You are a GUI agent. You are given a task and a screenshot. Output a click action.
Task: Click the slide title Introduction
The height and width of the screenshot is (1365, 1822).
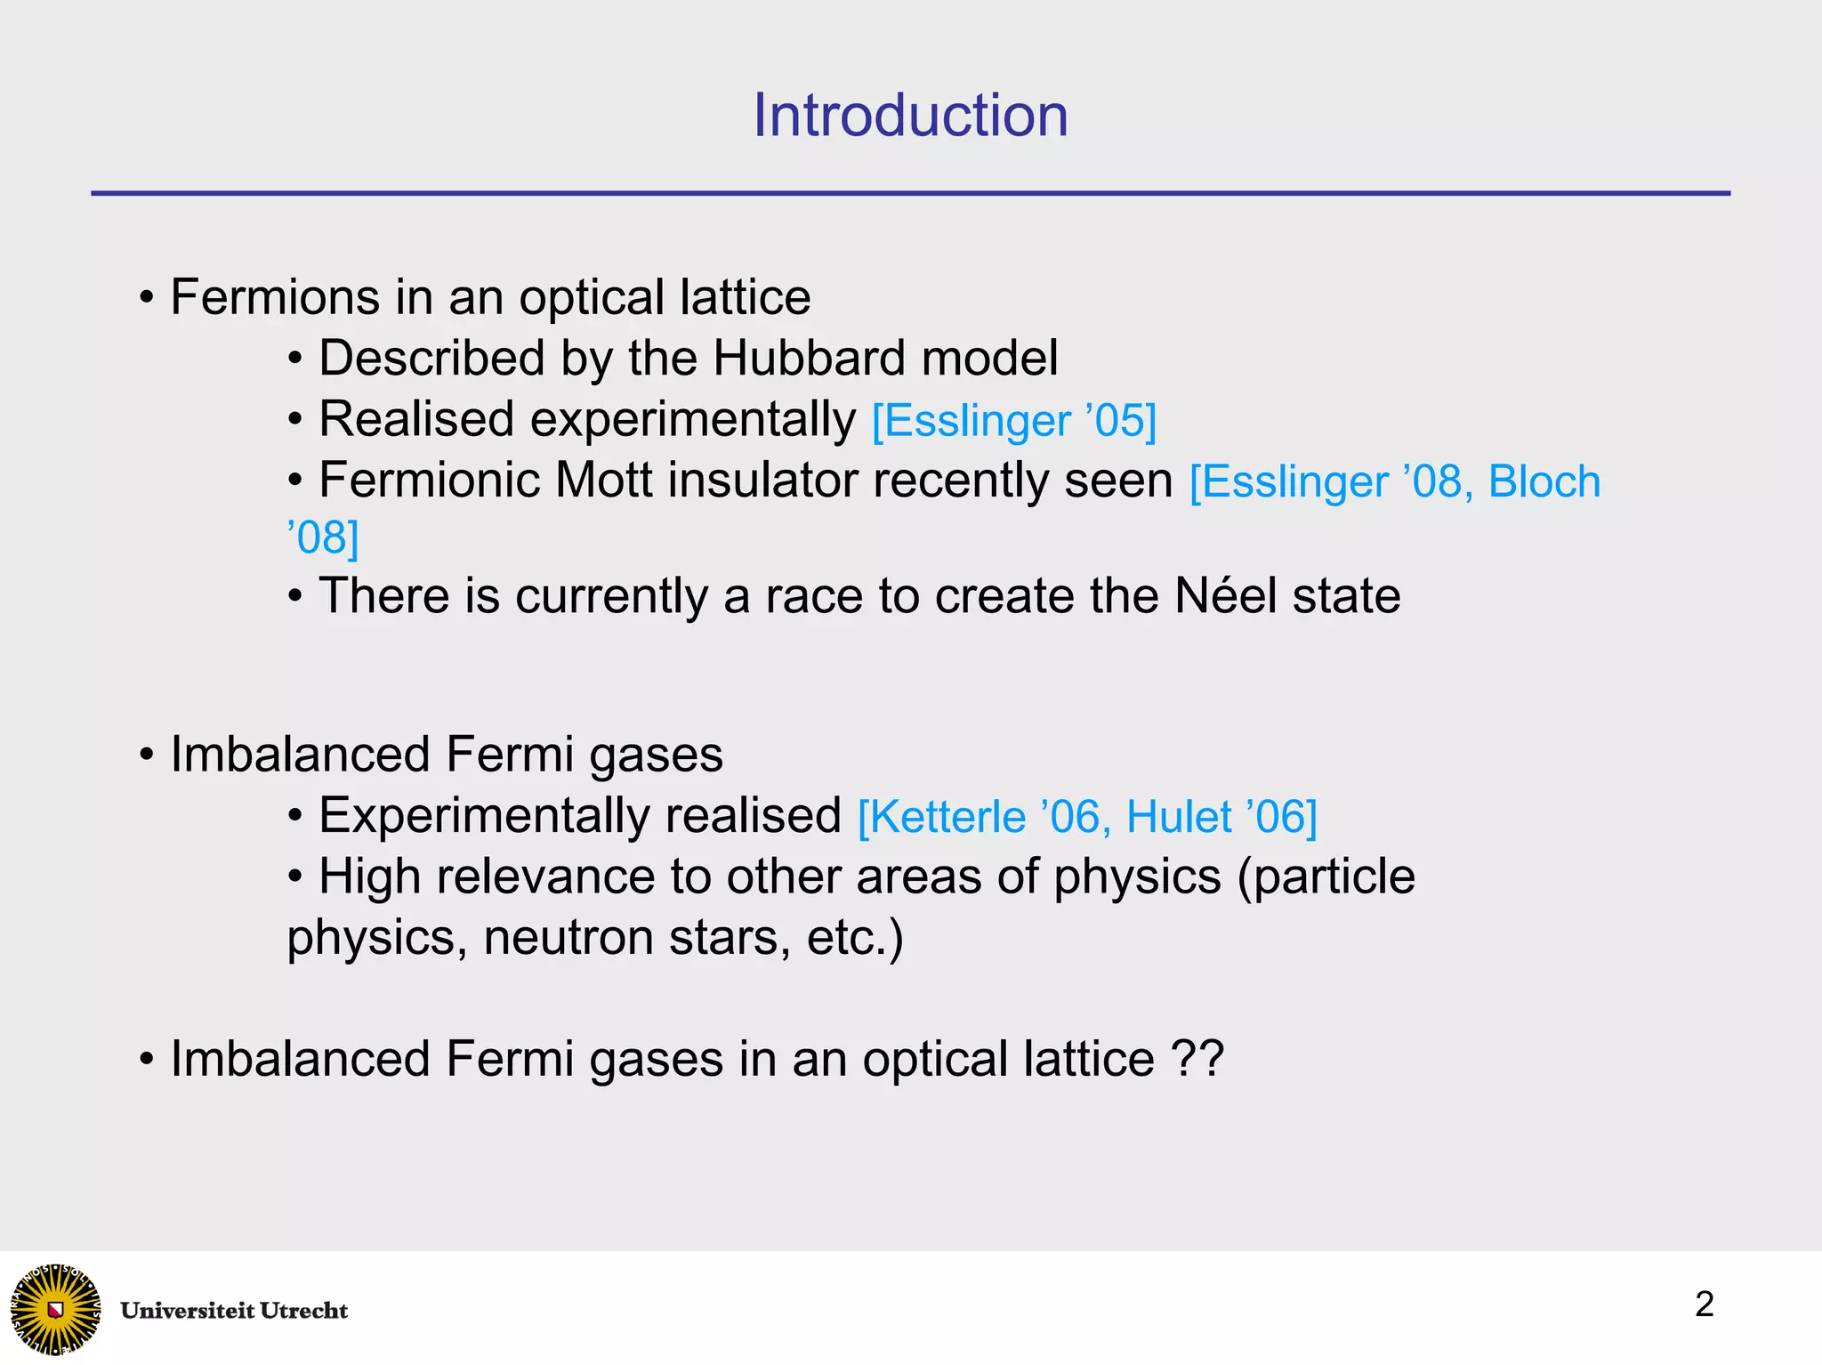[x=910, y=116]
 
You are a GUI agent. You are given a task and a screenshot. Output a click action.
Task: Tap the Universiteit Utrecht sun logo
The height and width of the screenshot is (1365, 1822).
[x=55, y=1309]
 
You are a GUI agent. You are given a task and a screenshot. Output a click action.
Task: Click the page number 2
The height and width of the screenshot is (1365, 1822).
[x=1704, y=1304]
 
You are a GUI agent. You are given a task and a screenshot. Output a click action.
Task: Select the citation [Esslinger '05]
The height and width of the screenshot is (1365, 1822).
[x=1013, y=421]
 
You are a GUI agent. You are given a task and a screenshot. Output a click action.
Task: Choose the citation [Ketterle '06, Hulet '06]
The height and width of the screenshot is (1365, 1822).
[x=1086, y=817]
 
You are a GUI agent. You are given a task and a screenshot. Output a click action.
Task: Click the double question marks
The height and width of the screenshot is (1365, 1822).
[x=1197, y=1059]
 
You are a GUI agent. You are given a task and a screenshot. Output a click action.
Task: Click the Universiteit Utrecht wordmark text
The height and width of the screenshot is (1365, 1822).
[x=234, y=1311]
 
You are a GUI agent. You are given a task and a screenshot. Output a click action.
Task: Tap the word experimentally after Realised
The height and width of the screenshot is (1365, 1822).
[x=693, y=420]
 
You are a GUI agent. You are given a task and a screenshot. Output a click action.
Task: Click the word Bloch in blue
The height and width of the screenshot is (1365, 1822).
[x=1544, y=481]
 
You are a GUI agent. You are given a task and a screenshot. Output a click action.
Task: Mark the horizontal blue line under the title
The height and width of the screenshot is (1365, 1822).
[x=910, y=193]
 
